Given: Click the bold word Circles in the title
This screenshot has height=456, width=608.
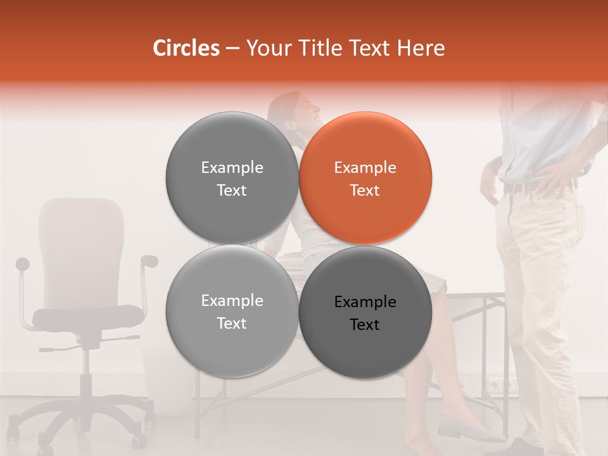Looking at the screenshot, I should tap(186, 48).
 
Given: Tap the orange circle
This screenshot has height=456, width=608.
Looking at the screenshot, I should tap(365, 178).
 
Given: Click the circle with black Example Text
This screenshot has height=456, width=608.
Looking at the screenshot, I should tap(365, 312).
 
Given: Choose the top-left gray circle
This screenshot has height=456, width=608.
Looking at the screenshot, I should tap(232, 178).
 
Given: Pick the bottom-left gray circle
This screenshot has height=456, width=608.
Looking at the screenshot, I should tap(232, 312).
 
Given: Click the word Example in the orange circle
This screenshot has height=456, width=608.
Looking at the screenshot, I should tap(365, 168).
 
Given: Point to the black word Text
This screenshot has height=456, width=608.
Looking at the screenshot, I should tap(365, 325).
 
